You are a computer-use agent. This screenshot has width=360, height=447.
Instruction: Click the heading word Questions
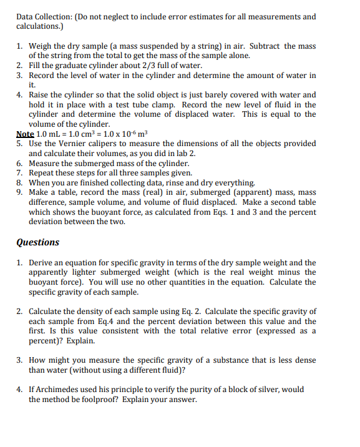tap(37, 242)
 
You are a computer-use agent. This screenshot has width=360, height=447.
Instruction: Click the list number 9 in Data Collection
tap(19, 192)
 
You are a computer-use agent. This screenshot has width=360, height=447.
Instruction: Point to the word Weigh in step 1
tap(42, 46)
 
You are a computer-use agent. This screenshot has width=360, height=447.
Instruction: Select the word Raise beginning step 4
tap(41, 95)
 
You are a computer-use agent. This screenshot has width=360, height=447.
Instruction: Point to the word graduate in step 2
tap(71, 66)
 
